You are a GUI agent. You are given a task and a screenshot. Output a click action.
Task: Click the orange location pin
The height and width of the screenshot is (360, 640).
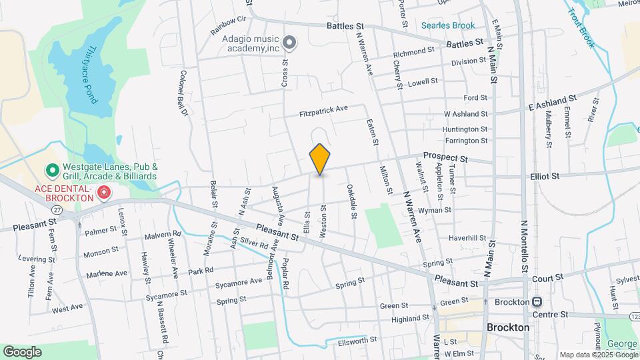320,159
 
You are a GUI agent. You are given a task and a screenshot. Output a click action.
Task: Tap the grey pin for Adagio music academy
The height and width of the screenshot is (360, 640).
289,43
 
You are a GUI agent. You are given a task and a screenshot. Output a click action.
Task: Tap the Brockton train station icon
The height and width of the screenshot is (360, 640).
536,301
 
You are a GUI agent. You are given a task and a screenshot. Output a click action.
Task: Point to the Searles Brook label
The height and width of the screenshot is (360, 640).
448,26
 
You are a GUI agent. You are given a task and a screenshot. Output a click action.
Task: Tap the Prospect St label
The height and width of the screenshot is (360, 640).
446,157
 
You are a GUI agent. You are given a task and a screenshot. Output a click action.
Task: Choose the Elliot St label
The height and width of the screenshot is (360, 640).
545,176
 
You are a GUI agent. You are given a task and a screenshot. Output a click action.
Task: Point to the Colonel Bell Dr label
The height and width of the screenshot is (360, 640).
183,93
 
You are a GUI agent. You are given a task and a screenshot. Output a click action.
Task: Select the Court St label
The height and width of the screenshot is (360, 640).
547,276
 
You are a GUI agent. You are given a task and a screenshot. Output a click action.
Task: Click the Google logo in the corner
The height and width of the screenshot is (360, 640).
22,351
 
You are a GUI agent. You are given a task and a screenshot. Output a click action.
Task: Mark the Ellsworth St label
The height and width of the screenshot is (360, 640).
358,339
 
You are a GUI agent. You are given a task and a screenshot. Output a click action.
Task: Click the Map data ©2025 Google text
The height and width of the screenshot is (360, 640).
597,355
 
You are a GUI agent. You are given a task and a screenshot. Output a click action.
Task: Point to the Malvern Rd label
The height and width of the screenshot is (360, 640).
163,235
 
